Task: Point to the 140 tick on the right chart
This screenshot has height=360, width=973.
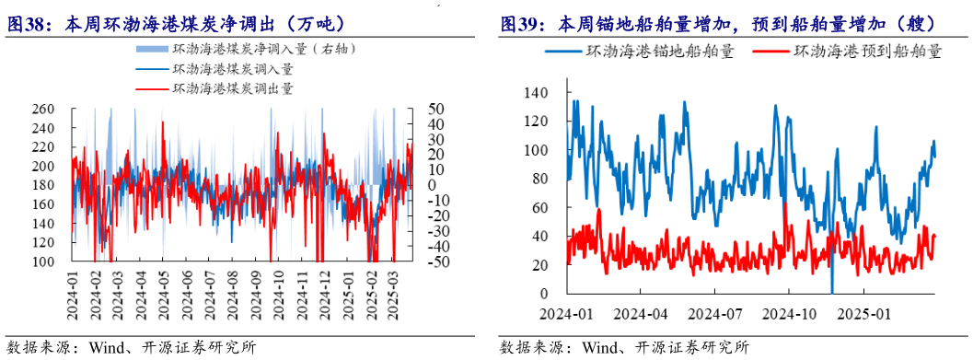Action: [535, 92]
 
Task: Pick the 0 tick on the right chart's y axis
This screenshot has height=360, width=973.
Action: [544, 294]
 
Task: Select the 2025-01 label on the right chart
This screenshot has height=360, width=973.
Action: [870, 313]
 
